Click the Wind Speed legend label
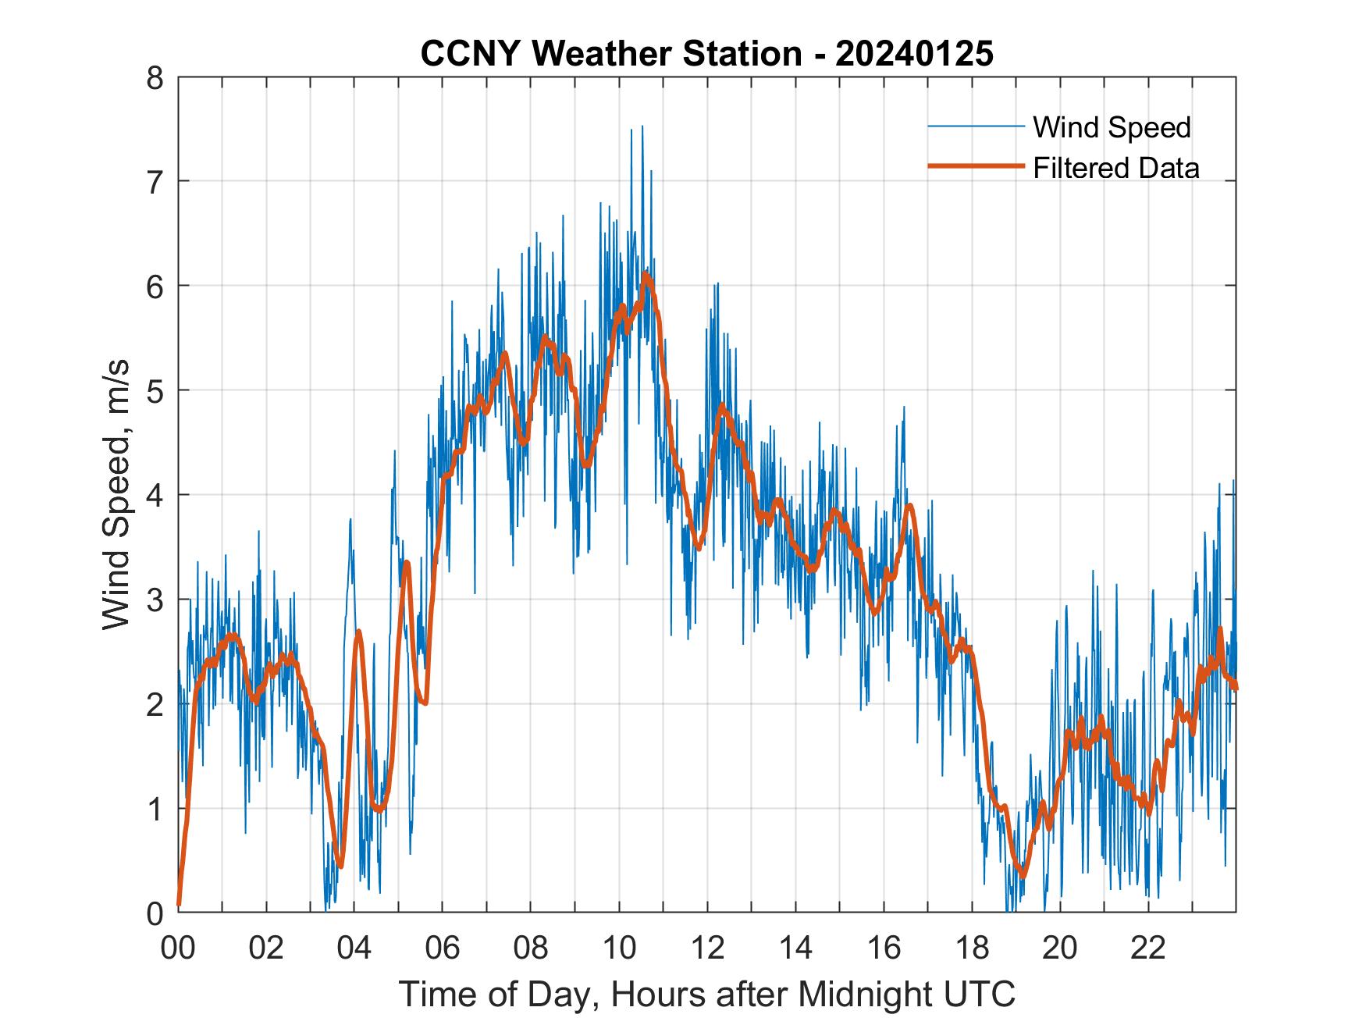point(1112,127)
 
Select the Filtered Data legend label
point(1115,168)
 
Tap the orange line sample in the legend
point(975,166)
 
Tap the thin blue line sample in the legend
point(975,126)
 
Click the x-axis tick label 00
point(178,948)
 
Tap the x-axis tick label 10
point(619,948)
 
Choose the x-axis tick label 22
point(1148,948)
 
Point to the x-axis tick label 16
point(884,948)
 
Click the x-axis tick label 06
point(443,948)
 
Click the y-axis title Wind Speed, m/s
point(117,495)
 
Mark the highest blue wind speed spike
point(642,126)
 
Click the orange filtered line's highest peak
point(645,275)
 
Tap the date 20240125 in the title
point(914,55)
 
